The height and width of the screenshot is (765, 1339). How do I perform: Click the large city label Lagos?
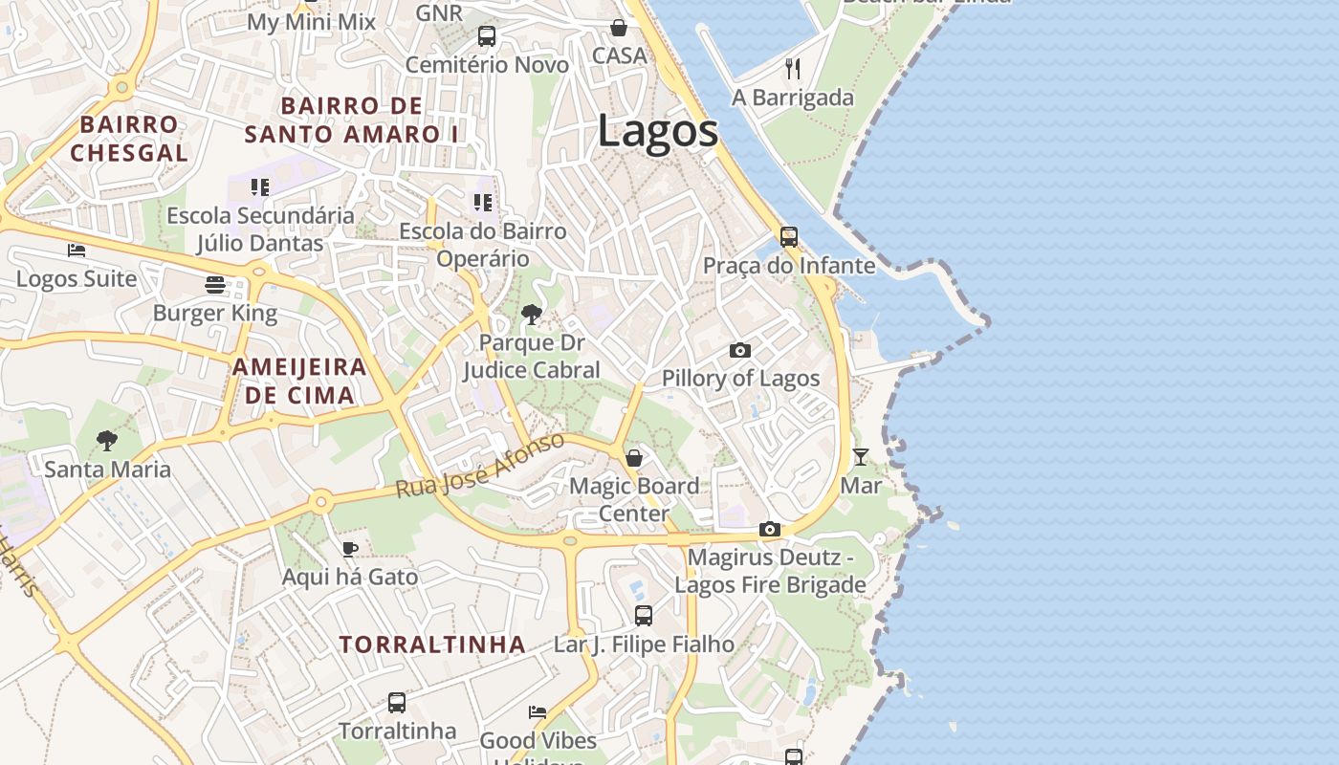[x=658, y=131]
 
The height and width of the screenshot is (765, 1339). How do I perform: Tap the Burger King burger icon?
[x=215, y=284]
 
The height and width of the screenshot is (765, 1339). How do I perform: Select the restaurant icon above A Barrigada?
[x=792, y=68]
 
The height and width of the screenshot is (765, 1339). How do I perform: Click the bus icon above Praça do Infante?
[x=789, y=236]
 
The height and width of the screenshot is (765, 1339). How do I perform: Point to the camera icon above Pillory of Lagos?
[x=739, y=351]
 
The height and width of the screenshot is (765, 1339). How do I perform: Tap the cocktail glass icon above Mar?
[x=861, y=456]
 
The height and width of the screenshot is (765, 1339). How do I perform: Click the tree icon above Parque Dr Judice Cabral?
[x=531, y=314]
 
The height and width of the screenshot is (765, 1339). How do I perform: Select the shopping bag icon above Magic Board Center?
[x=633, y=457]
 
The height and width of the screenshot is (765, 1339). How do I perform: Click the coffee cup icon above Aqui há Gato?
[x=349, y=549]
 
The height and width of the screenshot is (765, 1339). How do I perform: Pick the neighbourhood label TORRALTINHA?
[x=432, y=645]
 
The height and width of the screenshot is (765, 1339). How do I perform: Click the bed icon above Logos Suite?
[x=77, y=251]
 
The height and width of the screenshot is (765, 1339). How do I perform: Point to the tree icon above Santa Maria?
[x=107, y=441]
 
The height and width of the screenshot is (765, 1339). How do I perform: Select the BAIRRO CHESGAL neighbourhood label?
[x=129, y=139]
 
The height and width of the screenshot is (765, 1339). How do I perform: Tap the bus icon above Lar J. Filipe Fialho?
[x=644, y=616]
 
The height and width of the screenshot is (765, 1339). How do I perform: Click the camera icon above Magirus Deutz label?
[x=770, y=529]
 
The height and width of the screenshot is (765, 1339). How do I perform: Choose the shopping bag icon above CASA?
[x=619, y=28]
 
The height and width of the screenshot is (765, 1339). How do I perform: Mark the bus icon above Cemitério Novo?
[x=487, y=36]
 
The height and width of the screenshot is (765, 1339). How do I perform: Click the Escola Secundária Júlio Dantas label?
[x=260, y=229]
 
